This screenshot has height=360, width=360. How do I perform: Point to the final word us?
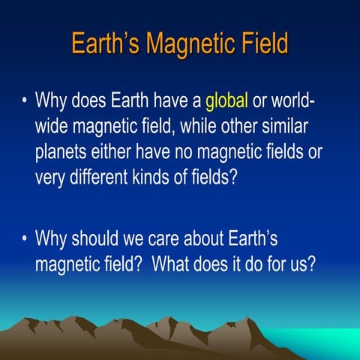tap(300, 265)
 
